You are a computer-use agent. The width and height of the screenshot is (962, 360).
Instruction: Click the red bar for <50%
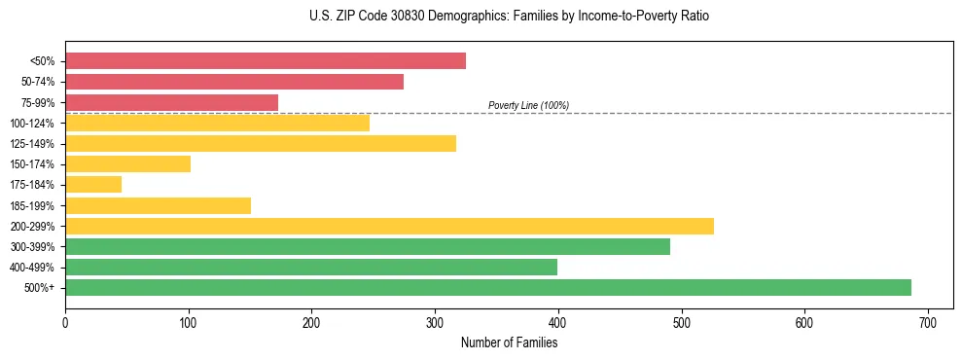tap(266, 61)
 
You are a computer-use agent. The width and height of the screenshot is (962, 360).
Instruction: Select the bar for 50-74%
tap(234, 82)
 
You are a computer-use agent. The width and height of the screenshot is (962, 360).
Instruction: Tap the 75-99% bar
tap(171, 102)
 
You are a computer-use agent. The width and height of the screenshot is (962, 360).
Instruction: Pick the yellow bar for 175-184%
tap(93, 184)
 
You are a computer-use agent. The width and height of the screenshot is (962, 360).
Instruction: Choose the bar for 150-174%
tap(127, 163)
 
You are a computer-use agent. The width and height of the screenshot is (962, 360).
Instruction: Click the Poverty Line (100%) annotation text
tap(528, 105)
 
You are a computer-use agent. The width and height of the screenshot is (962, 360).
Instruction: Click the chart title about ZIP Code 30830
tap(481, 17)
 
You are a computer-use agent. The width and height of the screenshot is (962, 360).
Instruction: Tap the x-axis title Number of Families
tap(509, 342)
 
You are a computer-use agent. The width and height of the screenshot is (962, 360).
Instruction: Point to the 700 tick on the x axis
tap(928, 323)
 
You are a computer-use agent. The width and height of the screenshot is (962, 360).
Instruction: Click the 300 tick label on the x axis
tap(435, 323)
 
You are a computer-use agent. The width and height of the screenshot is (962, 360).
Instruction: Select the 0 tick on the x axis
tap(65, 323)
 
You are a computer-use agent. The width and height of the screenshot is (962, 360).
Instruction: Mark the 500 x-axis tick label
tap(682, 323)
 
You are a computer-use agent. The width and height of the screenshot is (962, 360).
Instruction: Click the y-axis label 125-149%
tap(32, 144)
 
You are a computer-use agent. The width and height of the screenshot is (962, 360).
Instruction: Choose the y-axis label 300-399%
tap(32, 246)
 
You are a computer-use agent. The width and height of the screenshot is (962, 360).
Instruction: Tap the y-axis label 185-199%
tap(32, 205)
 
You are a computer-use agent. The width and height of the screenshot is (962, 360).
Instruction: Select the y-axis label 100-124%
tap(32, 124)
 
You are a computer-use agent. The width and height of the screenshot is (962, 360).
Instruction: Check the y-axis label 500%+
tap(39, 288)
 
